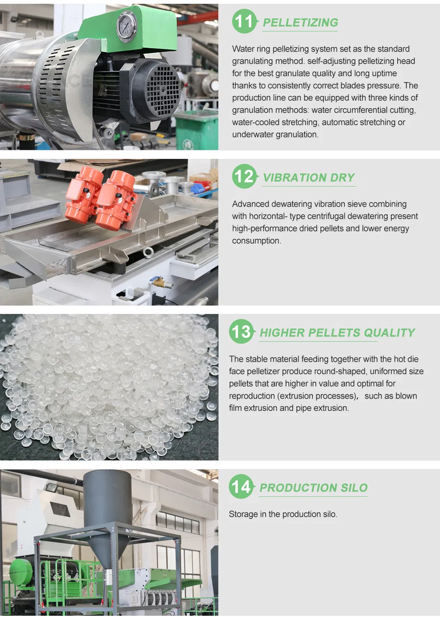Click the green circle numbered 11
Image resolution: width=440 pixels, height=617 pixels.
point(244,21)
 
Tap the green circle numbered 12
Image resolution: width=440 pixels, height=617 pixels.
point(244,176)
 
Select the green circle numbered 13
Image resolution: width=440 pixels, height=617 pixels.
point(241,332)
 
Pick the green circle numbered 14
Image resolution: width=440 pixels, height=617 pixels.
point(241,487)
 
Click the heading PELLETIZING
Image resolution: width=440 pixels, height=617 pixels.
point(300,23)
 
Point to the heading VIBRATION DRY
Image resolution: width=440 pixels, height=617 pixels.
point(309,178)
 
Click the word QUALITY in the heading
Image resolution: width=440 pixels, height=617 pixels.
point(389,333)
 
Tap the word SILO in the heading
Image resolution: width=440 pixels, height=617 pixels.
point(354,488)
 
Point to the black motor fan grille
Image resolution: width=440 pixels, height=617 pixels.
point(162,90)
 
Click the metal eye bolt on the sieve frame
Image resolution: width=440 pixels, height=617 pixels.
point(148,251)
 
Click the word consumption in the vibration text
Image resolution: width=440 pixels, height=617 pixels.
point(256,241)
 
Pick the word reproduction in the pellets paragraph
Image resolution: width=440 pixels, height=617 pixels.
point(252,396)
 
